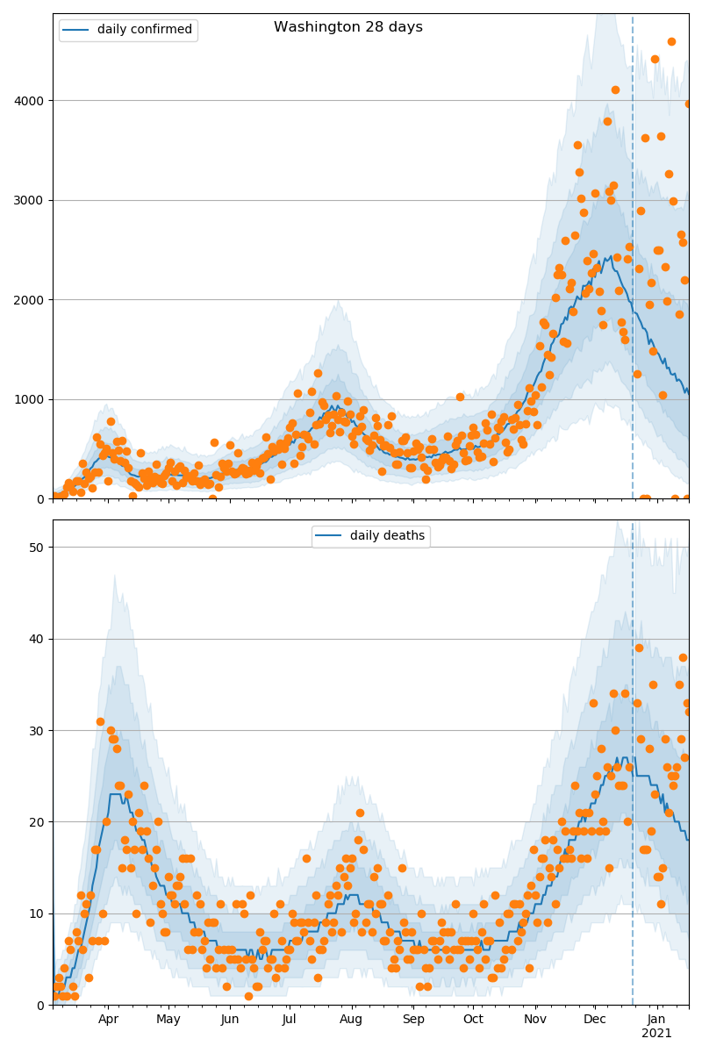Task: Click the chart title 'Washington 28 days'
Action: (x=348, y=27)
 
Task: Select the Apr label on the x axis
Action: (x=108, y=1020)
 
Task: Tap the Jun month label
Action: (x=230, y=1020)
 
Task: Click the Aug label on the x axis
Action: (x=351, y=1020)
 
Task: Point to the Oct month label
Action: (x=473, y=1020)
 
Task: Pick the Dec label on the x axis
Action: (x=595, y=1020)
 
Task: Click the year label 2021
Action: (x=656, y=1034)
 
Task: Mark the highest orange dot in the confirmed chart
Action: (x=671, y=41)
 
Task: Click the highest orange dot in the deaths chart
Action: (x=639, y=648)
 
